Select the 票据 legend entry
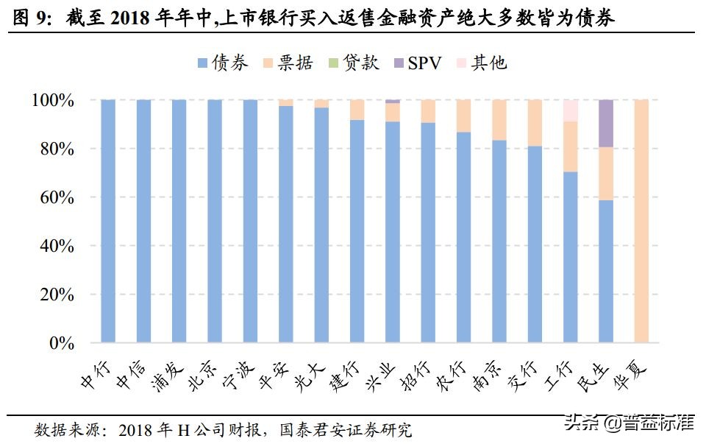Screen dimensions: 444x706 click(288, 63)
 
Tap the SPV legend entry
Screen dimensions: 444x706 click(416, 63)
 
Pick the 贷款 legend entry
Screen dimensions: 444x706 click(352, 63)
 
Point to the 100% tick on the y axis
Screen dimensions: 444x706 click(52, 101)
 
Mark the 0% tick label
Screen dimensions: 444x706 click(60, 344)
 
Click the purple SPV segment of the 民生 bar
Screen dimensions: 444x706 click(606, 123)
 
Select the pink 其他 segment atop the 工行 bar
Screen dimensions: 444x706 click(570, 110)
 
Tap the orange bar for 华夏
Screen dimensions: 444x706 click(641, 221)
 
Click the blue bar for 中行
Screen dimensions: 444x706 click(108, 221)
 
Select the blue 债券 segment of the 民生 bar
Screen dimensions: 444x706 click(606, 272)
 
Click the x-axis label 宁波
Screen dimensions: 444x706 click(240, 376)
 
